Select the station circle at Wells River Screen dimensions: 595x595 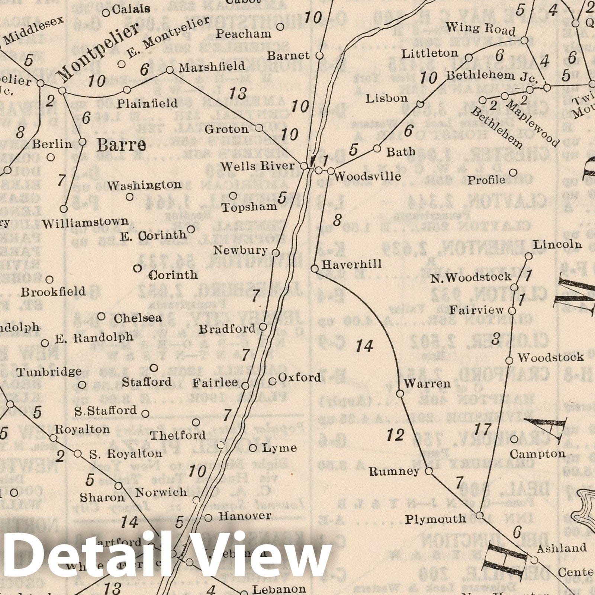coord(304,166)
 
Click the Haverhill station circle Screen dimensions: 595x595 coord(314,268)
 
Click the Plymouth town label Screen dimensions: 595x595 coord(435,519)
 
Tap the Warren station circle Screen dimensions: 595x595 coord(400,393)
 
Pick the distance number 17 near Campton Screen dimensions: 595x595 coord(483,429)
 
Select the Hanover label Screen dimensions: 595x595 coord(244,516)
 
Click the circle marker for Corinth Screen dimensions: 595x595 coord(138,268)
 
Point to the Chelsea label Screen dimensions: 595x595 coord(138,318)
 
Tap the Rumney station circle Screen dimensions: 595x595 coord(429,471)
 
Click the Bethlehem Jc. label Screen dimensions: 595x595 coord(492,76)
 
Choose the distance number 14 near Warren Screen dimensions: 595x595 coord(364,346)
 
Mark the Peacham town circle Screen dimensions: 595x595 coord(281,26)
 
